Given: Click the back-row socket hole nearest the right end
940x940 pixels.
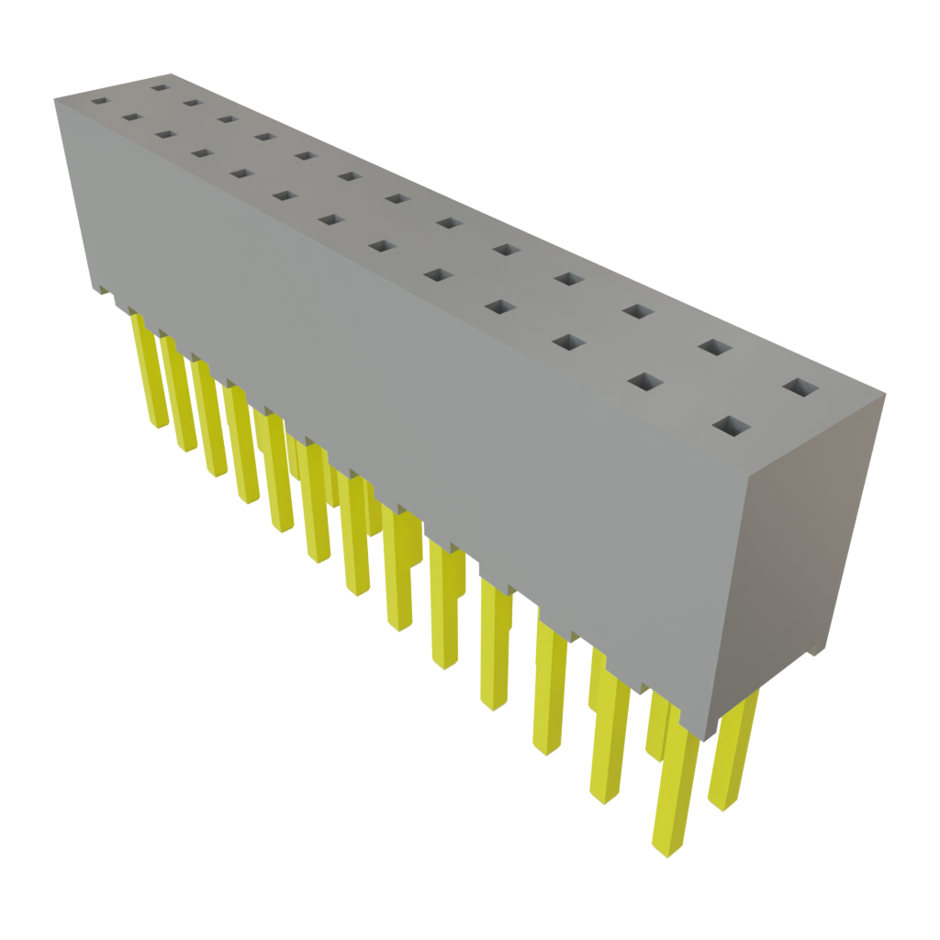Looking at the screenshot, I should (x=802, y=388).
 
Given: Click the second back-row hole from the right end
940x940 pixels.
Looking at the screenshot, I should (x=714, y=347).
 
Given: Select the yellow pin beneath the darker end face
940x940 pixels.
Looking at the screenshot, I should (x=734, y=753).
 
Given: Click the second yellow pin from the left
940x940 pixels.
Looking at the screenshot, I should (x=178, y=395).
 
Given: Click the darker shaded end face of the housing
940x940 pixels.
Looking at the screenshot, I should (x=808, y=551).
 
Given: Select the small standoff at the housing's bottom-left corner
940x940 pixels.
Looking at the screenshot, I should (x=98, y=290).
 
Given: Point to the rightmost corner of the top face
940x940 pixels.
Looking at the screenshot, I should (x=886, y=396).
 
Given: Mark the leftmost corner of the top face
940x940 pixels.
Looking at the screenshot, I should (x=54, y=97).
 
